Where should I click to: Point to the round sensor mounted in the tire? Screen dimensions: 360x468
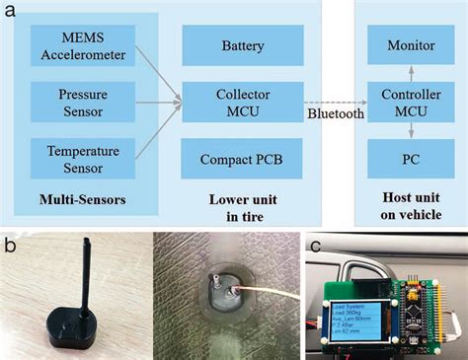pos(225,293)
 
